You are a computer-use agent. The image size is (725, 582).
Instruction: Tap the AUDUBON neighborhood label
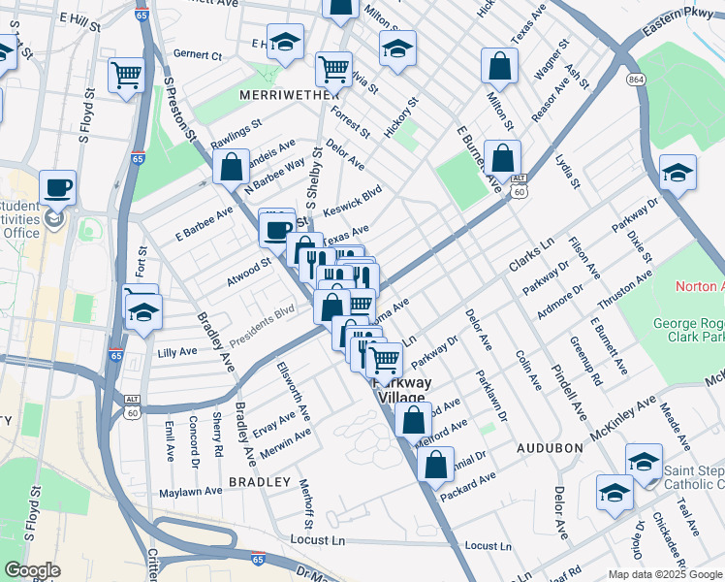click(549, 448)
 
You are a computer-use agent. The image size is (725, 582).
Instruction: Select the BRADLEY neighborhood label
click(259, 482)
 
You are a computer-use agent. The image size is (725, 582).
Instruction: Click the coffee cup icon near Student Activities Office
click(58, 187)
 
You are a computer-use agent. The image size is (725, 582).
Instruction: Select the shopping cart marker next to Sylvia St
click(333, 69)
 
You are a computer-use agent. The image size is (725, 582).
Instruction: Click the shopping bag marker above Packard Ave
click(435, 464)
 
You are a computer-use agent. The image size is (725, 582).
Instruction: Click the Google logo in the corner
click(32, 570)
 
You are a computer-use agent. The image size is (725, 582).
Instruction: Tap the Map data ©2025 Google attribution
click(664, 574)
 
